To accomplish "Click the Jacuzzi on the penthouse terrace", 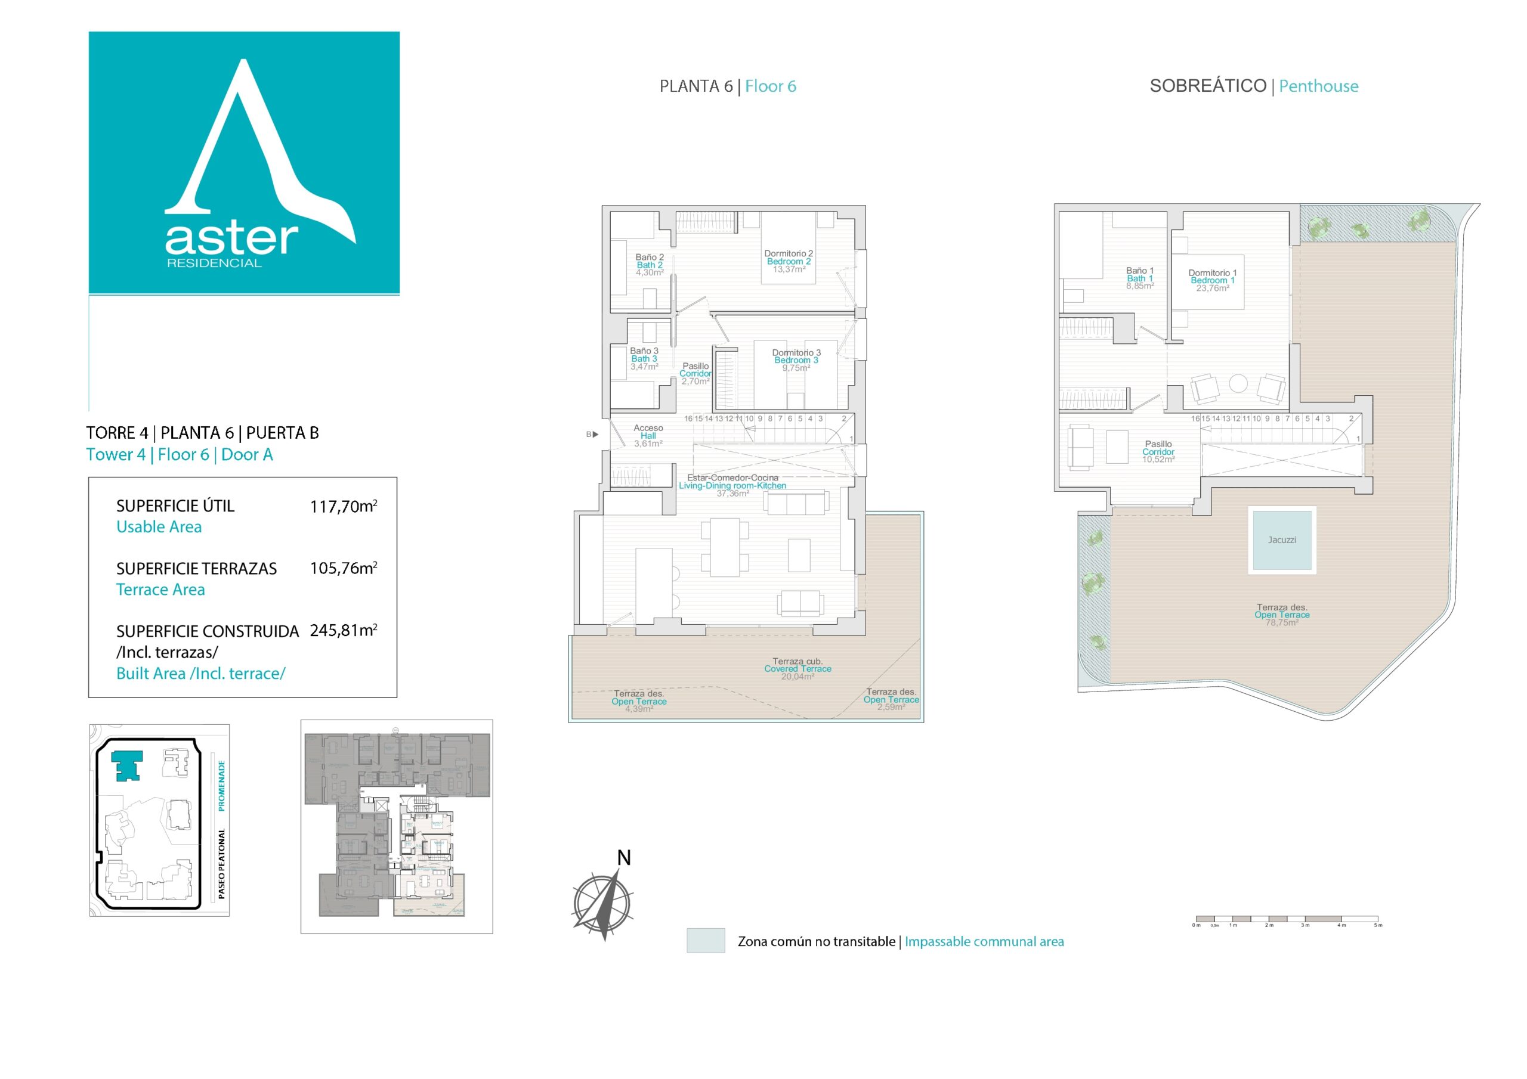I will coord(1282,540).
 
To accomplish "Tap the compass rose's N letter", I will coord(623,858).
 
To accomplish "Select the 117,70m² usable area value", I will coord(343,507).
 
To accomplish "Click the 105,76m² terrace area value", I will coord(343,569).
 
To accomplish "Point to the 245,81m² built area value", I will coord(343,630).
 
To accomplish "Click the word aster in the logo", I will coord(231,238).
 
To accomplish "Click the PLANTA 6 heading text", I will coord(696,86).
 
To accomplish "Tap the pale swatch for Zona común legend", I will coord(706,941).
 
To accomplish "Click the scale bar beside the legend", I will coord(1286,919).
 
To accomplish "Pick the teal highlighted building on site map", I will coord(126,765).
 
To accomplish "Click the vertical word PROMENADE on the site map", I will coord(221,785).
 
